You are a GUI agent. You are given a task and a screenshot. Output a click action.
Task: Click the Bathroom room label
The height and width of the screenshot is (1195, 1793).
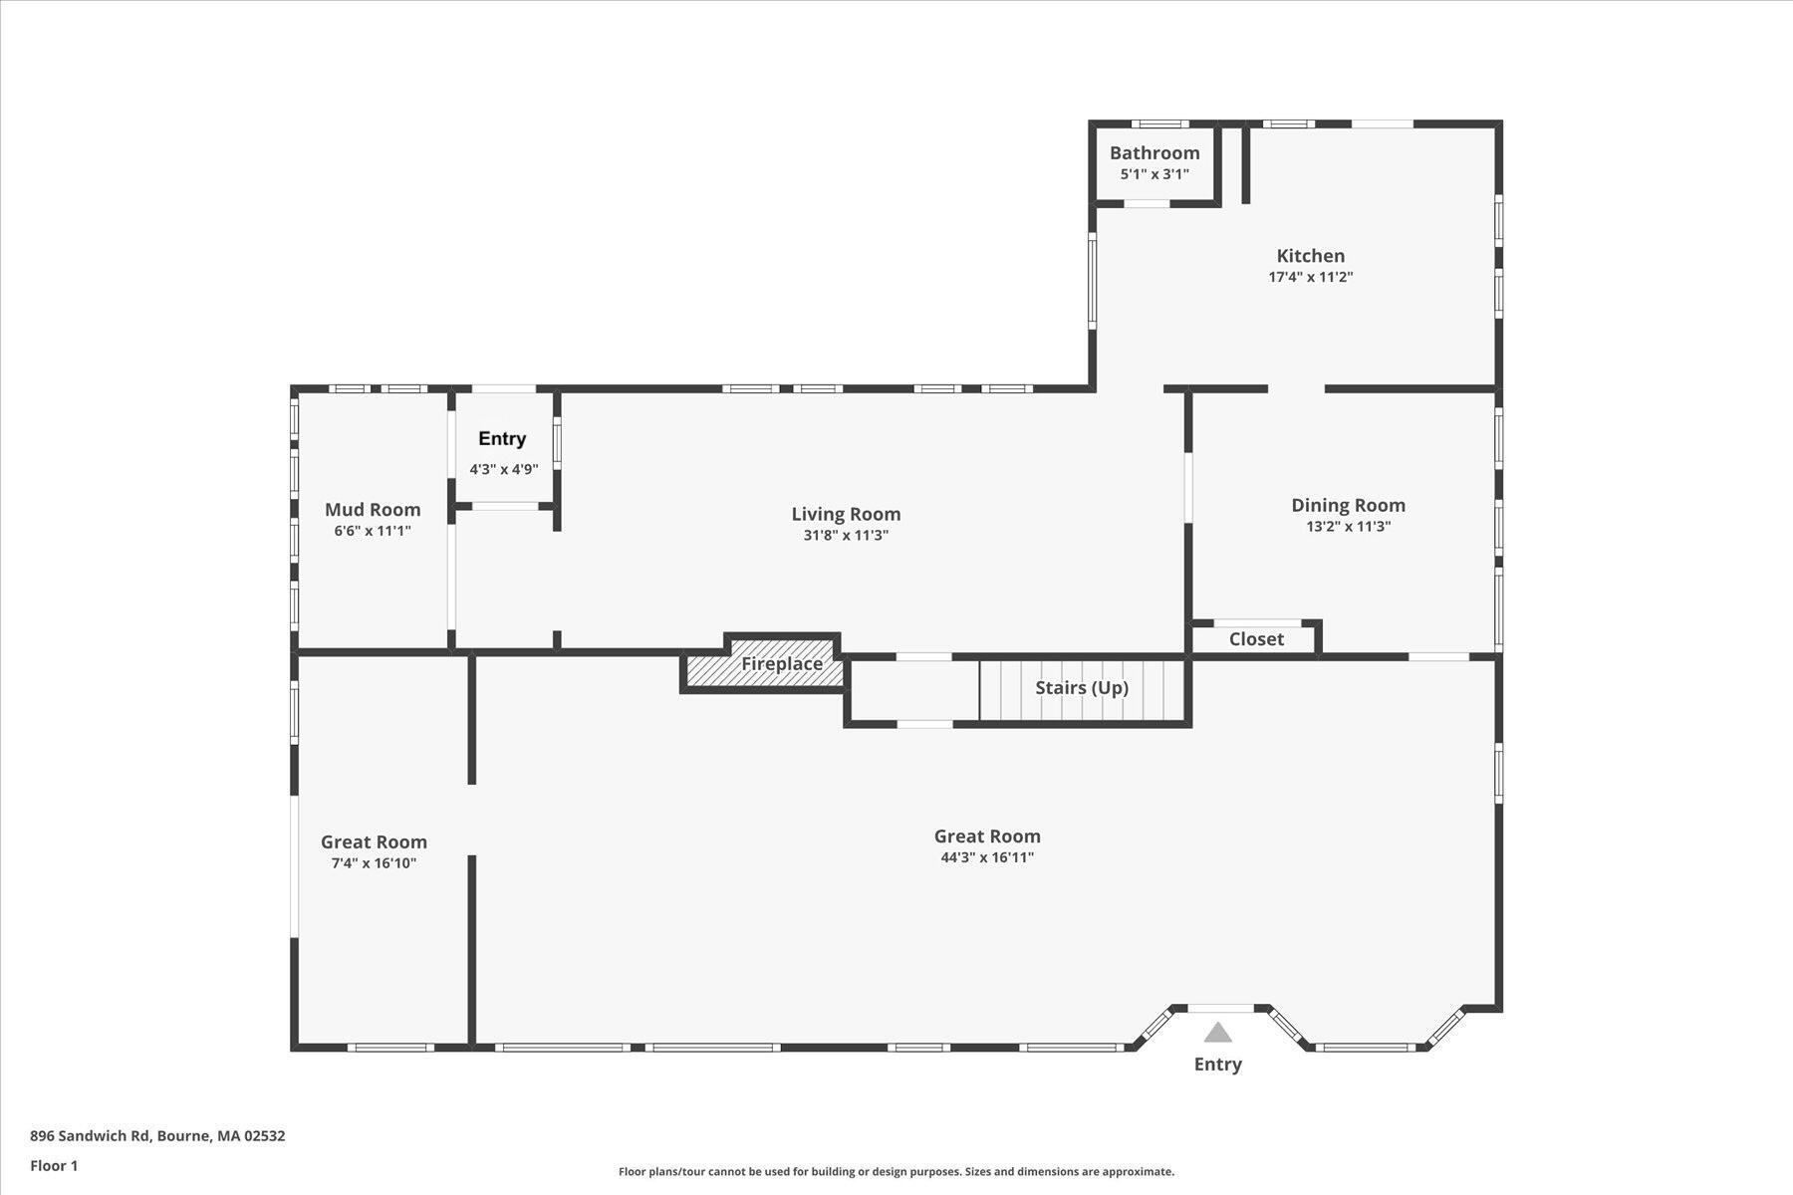tap(1154, 152)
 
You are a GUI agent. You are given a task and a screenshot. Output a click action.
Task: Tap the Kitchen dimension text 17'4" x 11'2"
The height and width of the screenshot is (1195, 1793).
tap(1311, 277)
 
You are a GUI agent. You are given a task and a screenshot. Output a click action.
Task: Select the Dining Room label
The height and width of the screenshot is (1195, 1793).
tap(1349, 505)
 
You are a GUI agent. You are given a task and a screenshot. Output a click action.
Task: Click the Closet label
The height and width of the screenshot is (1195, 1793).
tap(1256, 639)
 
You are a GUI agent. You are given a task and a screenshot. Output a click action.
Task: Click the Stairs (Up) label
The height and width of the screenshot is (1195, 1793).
tap(1082, 688)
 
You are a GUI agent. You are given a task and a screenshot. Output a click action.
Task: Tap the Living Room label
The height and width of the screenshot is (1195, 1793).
tap(846, 514)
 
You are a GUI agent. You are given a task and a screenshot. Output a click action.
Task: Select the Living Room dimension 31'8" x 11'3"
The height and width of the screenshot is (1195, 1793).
tap(846, 536)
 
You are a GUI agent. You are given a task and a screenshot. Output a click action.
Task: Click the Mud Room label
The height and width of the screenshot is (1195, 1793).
tap(373, 510)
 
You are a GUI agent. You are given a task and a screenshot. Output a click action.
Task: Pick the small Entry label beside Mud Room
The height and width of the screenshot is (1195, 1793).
tap(502, 438)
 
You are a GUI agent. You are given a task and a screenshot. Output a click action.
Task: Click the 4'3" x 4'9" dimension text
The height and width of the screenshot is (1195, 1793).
tap(504, 469)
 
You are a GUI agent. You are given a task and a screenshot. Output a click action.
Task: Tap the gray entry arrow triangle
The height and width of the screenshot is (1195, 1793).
tap(1217, 1032)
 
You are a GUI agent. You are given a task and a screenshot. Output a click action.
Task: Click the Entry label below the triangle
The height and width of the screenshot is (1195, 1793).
tap(1218, 1065)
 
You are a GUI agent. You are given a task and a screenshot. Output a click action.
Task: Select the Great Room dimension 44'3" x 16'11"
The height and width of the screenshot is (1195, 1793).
tap(987, 857)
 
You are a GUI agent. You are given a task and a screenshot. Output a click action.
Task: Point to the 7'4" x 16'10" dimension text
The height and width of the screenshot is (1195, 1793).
tap(374, 863)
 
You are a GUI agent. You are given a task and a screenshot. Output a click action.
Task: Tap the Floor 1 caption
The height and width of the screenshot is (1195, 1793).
tap(54, 1166)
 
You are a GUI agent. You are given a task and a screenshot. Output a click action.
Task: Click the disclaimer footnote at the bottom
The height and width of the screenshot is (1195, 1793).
tap(896, 1172)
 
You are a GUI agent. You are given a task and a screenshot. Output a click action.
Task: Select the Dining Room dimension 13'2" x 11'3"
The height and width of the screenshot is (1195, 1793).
tap(1349, 527)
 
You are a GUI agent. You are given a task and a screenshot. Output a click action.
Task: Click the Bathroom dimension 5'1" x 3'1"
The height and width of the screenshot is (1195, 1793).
tap(1154, 174)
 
